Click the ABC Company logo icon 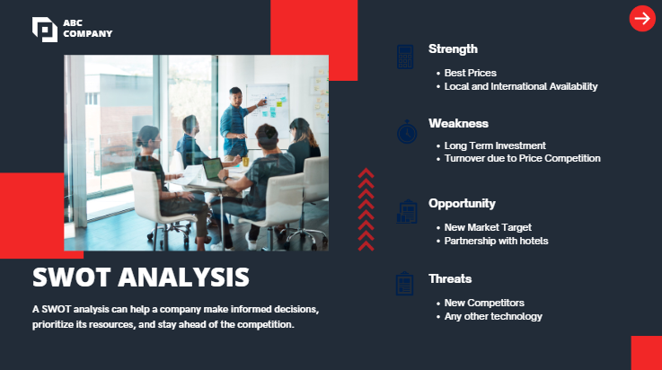[x=45, y=29]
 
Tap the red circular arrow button [x=642, y=18]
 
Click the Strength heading [x=453, y=49]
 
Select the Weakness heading [x=458, y=124]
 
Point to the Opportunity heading [x=462, y=204]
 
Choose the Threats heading [x=450, y=279]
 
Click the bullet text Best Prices [x=471, y=73]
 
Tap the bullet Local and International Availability [x=521, y=86]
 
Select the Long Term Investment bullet [x=495, y=145]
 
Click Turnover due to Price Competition [x=522, y=159]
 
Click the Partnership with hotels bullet [x=496, y=241]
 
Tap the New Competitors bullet [x=484, y=303]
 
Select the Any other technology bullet [x=493, y=316]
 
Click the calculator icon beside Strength [x=405, y=57]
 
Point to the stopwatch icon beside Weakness [x=407, y=132]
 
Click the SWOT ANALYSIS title [x=141, y=276]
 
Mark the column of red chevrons [x=366, y=209]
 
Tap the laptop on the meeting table [x=212, y=169]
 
